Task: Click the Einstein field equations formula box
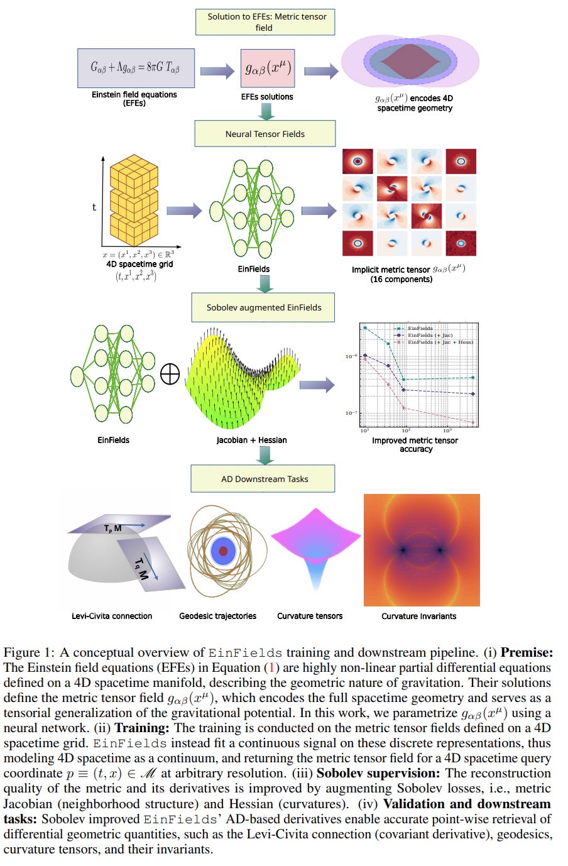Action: click(136, 68)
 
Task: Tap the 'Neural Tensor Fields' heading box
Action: click(265, 134)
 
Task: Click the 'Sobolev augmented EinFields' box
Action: click(263, 307)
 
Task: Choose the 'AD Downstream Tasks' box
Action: click(264, 479)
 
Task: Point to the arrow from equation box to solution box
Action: click(217, 70)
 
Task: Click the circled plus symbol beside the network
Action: click(170, 375)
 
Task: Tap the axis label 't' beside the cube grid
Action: click(94, 207)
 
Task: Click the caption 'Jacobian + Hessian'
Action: click(251, 440)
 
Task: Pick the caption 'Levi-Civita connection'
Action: click(112, 616)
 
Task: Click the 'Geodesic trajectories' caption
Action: click(217, 616)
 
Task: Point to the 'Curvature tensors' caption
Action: click(310, 616)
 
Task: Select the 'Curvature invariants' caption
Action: click(418, 616)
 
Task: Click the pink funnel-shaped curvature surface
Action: click(315, 547)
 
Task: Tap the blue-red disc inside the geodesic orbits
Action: click(223, 551)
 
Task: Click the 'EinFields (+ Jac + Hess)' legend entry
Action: click(440, 342)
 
